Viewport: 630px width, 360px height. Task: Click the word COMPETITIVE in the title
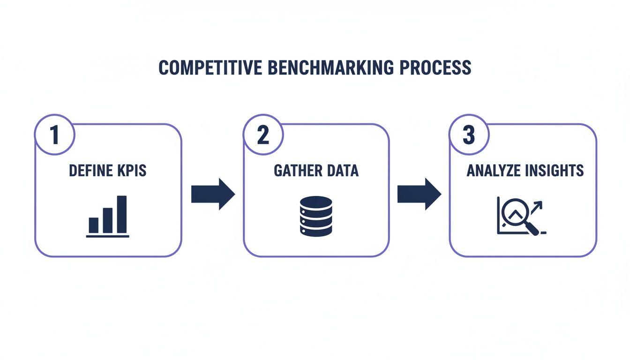point(210,67)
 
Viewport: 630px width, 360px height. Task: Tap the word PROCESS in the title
point(435,67)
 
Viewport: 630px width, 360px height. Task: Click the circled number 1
point(55,135)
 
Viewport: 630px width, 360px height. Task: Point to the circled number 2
point(263,135)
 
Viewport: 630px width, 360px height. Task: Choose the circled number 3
point(469,135)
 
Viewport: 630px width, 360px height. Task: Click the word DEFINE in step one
point(86,171)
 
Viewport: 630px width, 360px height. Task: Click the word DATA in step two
point(341,171)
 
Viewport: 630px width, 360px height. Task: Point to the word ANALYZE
point(494,171)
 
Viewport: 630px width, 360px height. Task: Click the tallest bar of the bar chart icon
point(122,214)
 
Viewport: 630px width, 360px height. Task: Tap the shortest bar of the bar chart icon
point(94,225)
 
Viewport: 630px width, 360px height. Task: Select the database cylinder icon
point(315,216)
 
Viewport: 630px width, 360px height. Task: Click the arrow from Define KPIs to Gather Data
point(213,194)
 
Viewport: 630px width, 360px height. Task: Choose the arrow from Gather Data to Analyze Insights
point(419,194)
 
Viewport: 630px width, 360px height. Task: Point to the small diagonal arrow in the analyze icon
point(537,207)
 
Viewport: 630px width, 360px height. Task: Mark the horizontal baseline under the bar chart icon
point(107,236)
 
